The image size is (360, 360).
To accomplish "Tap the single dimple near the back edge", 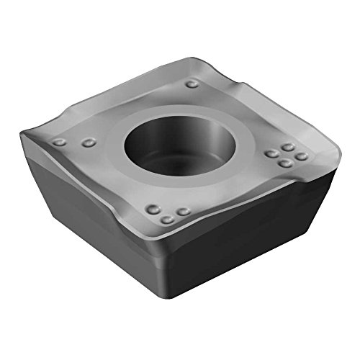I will click(x=192, y=84).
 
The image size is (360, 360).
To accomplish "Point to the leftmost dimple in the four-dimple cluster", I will click(x=271, y=153).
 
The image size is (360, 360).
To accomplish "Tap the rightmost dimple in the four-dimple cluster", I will click(x=302, y=156).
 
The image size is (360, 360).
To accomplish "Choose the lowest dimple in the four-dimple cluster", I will click(x=286, y=163).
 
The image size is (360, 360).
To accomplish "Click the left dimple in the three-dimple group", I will click(x=152, y=210).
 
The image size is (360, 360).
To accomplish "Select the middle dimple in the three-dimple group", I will click(x=167, y=219).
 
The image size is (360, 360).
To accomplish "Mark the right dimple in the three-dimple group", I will click(x=184, y=212).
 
